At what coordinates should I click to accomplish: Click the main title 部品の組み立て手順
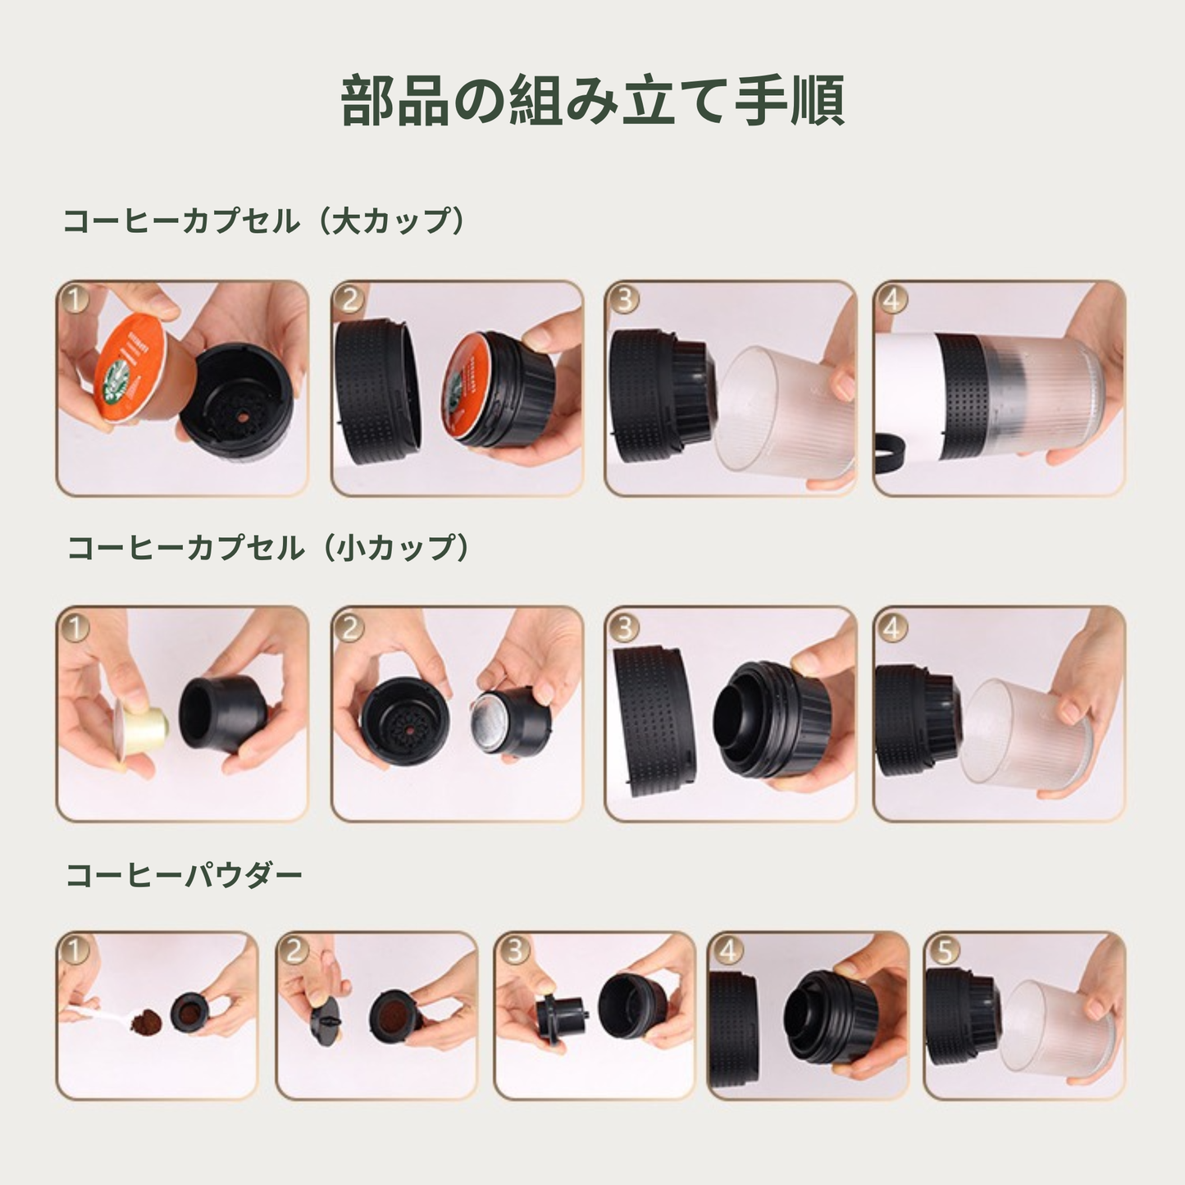point(592,101)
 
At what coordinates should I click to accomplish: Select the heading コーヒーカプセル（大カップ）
point(264,221)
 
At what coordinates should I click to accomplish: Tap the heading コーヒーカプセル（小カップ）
point(268,548)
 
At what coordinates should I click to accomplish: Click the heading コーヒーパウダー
point(184,875)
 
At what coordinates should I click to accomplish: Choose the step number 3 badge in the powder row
point(515,950)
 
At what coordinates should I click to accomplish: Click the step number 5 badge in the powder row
point(945,950)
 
